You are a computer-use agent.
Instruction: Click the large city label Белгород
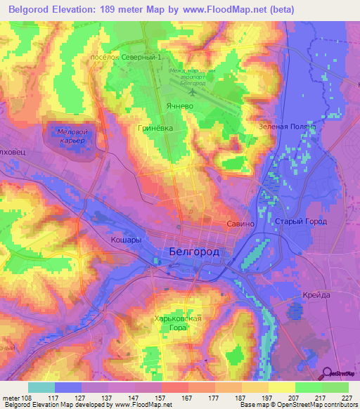pyautogui.click(x=195, y=252)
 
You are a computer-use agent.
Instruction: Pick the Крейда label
pyautogui.click(x=316, y=295)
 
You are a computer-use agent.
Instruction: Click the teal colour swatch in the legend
pyautogui.click(x=41, y=387)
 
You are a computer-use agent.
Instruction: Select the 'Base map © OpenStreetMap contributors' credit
pyautogui.click(x=298, y=405)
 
